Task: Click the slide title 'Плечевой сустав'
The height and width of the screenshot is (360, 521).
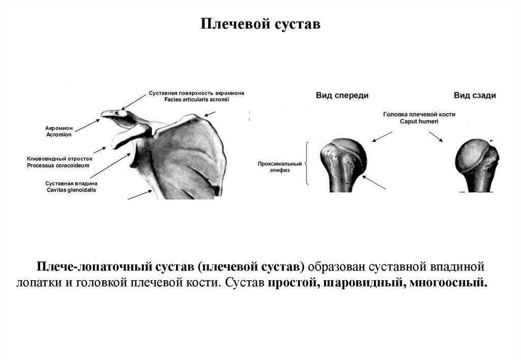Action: coord(260,24)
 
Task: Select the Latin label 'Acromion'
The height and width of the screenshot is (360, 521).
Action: coord(59,135)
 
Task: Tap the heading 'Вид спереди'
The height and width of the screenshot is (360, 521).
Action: coord(342,95)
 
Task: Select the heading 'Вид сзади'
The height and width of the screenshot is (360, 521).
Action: coord(475,95)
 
